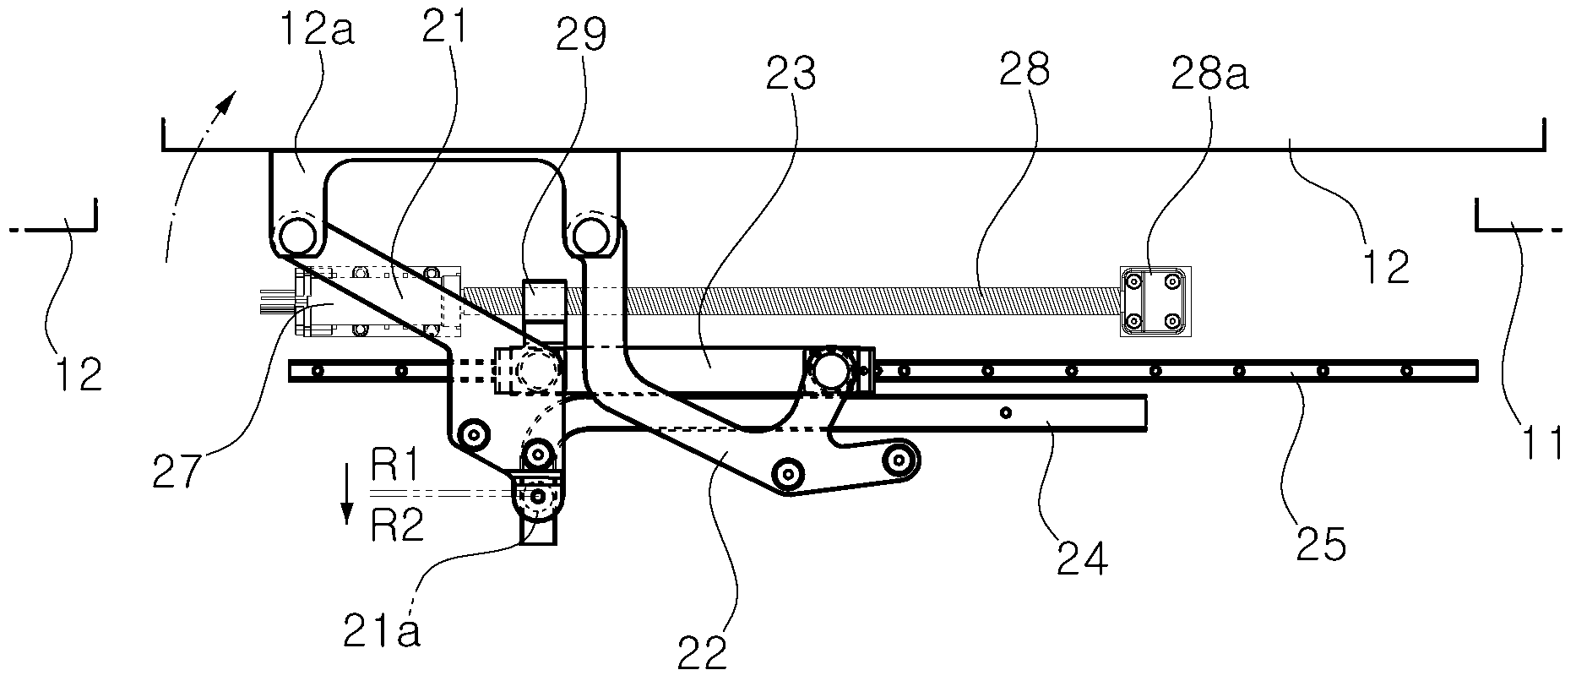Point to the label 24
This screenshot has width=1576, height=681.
tap(1080, 558)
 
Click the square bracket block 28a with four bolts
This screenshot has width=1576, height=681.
tap(1155, 302)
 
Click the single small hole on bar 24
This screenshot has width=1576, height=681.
tap(1005, 412)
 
